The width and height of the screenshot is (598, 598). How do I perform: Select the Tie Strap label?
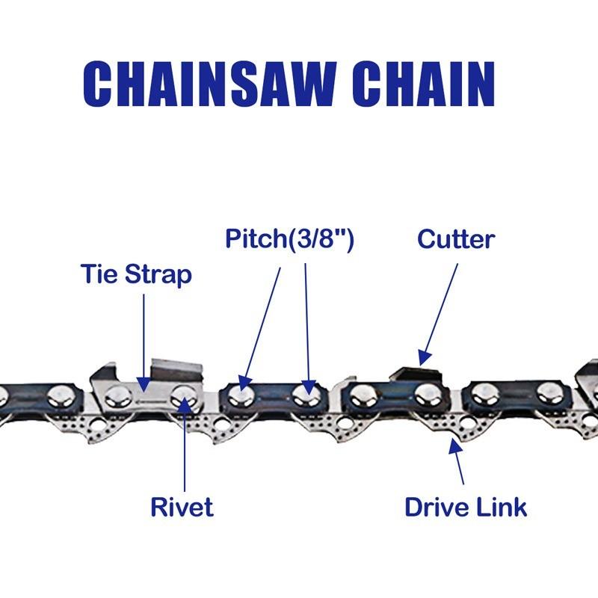(135, 274)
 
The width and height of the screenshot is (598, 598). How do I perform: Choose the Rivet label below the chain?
(182, 507)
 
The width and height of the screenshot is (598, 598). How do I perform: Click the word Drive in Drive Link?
(437, 507)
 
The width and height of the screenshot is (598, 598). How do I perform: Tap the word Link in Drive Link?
(502, 507)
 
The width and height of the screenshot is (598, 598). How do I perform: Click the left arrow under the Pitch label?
(262, 321)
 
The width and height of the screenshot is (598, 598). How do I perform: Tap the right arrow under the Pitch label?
(306, 321)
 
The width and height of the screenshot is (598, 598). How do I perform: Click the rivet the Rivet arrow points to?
(182, 396)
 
